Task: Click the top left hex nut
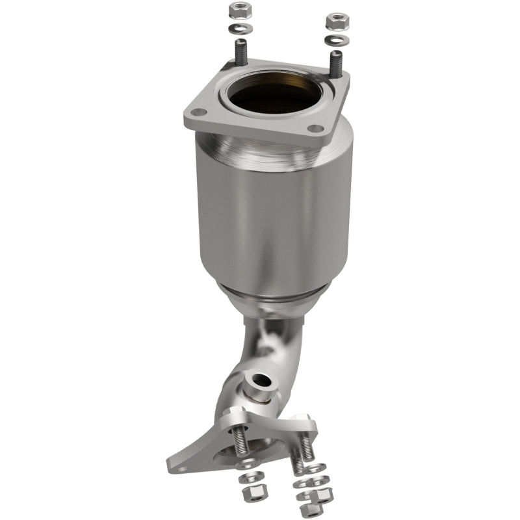(237, 10)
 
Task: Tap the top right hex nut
(337, 21)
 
